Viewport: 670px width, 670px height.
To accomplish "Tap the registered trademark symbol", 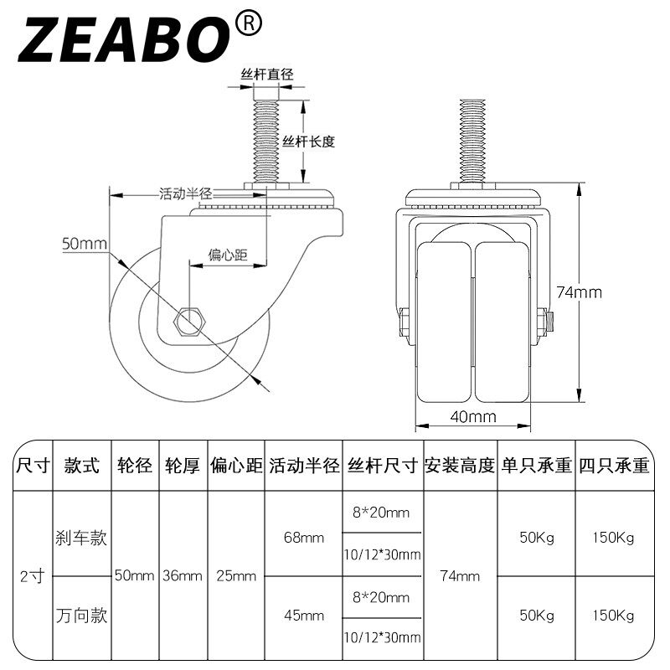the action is pos(248,23).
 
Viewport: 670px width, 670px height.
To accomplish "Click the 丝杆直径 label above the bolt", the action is pos(266,75).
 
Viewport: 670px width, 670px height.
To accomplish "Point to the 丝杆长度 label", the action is pos(308,142).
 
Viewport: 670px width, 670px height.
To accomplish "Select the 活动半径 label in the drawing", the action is pos(186,193).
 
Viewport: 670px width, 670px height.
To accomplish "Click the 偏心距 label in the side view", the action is pos(228,255).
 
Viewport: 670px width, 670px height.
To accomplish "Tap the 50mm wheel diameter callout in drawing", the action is pos(85,244).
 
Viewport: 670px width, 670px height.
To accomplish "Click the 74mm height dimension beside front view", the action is pos(579,292).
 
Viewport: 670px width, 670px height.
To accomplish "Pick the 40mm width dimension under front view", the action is pos(473,416).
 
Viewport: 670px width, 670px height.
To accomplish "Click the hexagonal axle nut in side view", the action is pos(190,321).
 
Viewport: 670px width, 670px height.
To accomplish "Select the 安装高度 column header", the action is pos(460,466).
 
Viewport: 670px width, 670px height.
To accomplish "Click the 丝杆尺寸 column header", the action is pos(383,466).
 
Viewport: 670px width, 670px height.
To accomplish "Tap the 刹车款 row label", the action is pos(81,538).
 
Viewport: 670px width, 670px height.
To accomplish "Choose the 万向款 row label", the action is pos(81,616).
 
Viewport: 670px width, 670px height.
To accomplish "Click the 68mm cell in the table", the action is pos(304,538).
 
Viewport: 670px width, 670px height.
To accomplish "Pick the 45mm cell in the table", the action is pos(304,616).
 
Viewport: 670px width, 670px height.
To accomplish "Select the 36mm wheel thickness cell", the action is pos(183,576).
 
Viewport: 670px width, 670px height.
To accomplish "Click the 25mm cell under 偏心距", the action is pos(236,576).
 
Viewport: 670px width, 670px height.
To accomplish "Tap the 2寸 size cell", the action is pos(32,576).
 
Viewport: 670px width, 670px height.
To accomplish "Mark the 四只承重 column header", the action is pos(614,466).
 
